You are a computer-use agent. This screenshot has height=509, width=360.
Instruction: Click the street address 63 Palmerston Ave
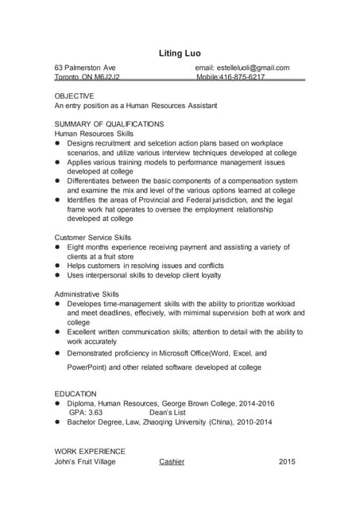85,68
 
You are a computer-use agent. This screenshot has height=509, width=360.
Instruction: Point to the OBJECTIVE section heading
74,95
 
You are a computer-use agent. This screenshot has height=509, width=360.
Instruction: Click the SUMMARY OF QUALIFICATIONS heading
109,124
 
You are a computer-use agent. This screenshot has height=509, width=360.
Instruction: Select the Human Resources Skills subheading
94,134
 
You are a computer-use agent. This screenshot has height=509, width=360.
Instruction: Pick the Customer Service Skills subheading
92,238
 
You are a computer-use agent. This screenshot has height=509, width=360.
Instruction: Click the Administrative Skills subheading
87,294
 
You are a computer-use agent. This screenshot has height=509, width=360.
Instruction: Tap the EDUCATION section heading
75,394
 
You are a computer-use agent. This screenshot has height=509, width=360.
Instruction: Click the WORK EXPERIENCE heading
90,451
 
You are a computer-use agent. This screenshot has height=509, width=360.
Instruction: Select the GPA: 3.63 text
86,413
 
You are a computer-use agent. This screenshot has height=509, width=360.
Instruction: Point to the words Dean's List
167,413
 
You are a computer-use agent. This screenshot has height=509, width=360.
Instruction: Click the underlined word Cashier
172,461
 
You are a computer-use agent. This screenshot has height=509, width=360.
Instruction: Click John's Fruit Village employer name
84,461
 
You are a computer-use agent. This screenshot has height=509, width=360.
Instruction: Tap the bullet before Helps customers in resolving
58,266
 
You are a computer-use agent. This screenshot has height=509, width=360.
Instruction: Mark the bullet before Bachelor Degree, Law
58,422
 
